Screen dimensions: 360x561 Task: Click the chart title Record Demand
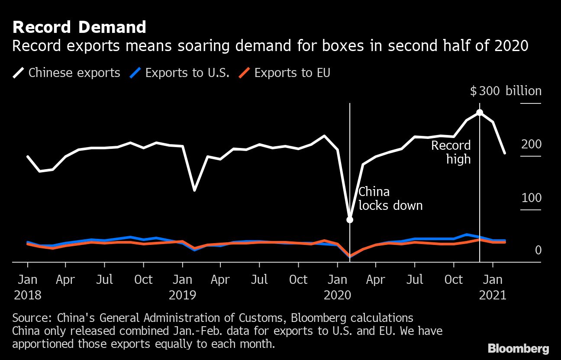pos(79,27)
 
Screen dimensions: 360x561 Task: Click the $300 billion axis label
pos(506,91)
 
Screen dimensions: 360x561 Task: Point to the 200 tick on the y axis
pos(531,145)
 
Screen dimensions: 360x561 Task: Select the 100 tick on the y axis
pos(531,198)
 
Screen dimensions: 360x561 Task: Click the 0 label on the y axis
pos(538,251)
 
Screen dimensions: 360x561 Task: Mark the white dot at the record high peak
pos(480,112)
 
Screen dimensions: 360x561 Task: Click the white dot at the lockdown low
pos(350,219)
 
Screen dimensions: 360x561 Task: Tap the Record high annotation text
pos(451,152)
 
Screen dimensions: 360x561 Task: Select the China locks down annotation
pos(390,199)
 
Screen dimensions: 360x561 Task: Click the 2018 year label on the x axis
pos(28,296)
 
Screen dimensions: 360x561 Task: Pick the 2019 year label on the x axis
pos(182,296)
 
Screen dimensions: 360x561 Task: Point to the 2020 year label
pos(338,296)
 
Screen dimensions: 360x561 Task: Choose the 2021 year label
pos(493,296)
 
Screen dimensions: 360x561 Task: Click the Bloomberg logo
pos(518,349)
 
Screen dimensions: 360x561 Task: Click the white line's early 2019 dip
pos(195,190)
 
